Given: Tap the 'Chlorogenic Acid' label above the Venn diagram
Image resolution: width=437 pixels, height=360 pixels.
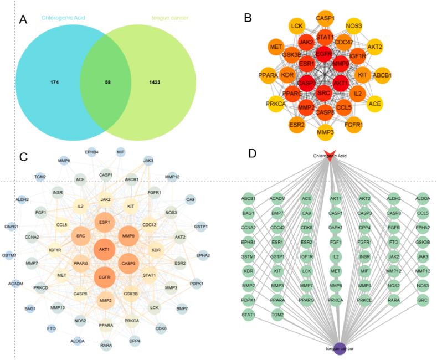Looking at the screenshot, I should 64,18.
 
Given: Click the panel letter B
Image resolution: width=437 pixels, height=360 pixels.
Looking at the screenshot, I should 248,18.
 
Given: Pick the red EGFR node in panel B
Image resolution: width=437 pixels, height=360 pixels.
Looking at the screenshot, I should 325,54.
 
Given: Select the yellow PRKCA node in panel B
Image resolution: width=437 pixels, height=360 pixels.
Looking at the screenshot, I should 275,104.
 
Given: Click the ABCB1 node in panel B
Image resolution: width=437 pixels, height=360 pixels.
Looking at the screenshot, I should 383,75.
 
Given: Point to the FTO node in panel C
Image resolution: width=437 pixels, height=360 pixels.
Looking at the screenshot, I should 52,328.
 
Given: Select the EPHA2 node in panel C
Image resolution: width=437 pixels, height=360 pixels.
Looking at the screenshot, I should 202,255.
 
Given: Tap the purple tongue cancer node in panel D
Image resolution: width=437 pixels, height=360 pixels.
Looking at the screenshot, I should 340,350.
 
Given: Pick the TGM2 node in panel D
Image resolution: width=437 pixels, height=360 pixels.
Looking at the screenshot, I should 277,315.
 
